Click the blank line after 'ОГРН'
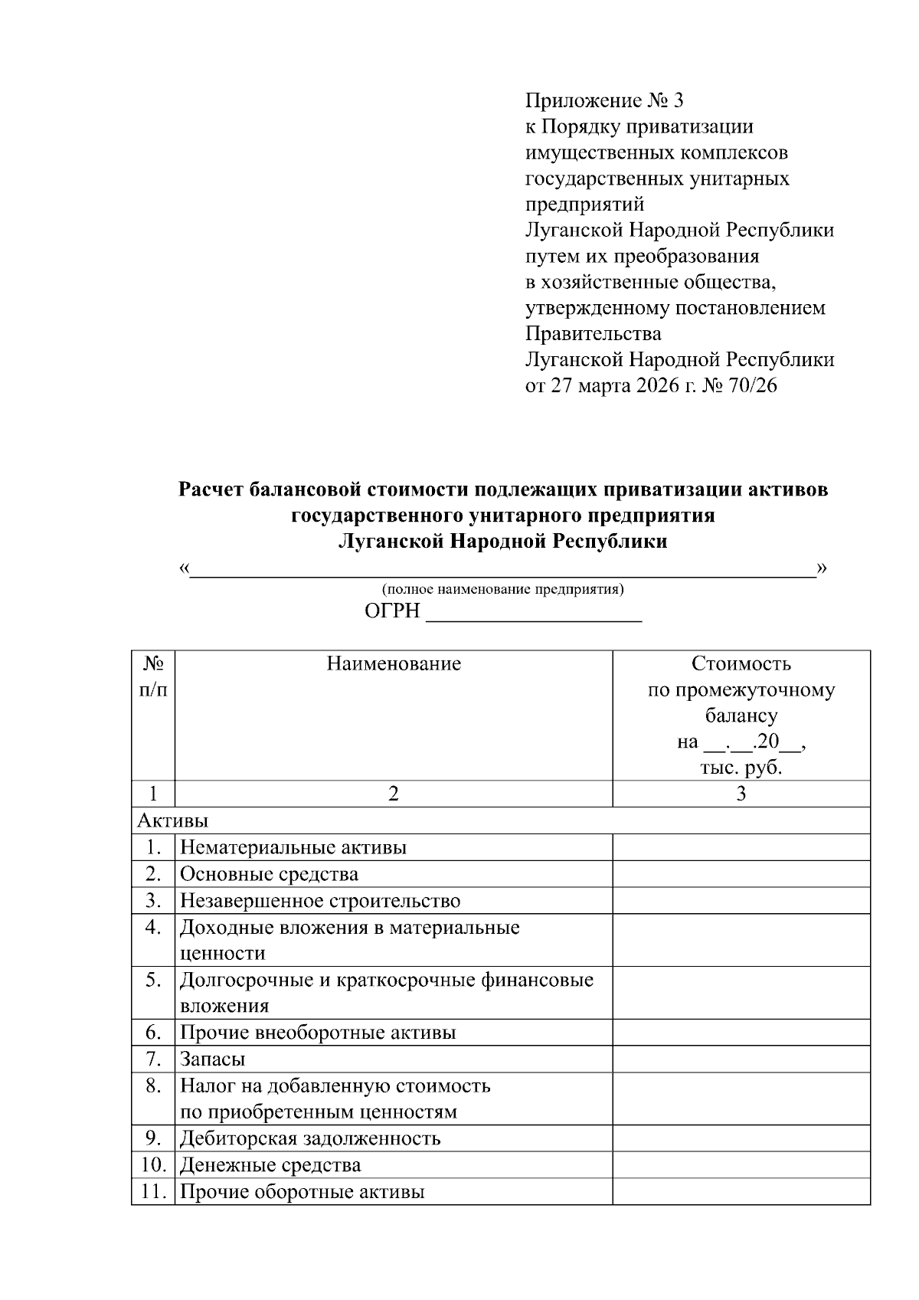tap(533, 614)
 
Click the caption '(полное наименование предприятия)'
tap(503, 589)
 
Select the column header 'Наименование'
tap(394, 663)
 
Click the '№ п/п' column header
tap(153, 676)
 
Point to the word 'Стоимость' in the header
tap(741, 663)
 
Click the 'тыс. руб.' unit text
tap(741, 768)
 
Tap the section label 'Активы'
tap(172, 820)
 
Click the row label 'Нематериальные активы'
tap(293, 847)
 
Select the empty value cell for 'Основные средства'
tap(741, 874)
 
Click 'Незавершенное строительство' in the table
tap(320, 901)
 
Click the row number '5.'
tap(153, 980)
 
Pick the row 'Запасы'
tap(213, 1059)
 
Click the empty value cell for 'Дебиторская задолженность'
tap(741, 1138)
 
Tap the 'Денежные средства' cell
tap(270, 1165)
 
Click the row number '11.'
tap(153, 1192)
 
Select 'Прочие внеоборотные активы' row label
tap(318, 1033)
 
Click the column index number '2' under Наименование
tap(393, 794)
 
